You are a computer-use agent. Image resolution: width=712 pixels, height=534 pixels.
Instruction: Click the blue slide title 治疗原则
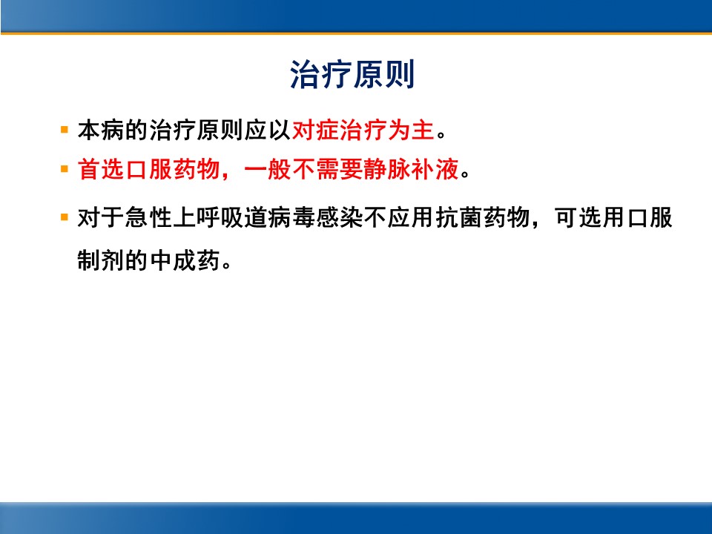pos(352,74)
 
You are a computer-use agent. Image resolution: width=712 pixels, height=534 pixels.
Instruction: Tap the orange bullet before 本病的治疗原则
pos(65,131)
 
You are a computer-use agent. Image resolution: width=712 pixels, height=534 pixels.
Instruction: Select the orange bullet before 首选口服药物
pos(65,169)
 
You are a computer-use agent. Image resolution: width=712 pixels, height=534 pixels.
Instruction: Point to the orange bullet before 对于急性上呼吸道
pos(65,217)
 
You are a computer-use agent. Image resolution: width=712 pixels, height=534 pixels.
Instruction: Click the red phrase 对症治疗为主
pos(363,131)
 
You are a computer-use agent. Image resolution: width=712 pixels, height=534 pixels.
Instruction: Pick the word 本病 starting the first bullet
pos(101,131)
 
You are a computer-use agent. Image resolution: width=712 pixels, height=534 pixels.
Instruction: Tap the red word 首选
pos(101,169)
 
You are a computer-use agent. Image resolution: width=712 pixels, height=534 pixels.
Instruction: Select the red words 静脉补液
pos(412,169)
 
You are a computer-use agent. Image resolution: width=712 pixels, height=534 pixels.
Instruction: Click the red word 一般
pos(268,169)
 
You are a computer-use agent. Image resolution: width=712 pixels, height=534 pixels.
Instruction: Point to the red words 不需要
pos(327,169)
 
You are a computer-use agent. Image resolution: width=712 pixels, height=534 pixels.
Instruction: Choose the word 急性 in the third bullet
pos(148,217)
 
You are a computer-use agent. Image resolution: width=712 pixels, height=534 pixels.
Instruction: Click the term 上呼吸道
pos(220,217)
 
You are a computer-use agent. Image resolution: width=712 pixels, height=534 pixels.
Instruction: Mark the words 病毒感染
pos(316,217)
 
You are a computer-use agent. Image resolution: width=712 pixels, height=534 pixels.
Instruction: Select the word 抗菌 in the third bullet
pos(459,217)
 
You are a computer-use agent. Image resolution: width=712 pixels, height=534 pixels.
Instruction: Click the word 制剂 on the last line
pos(101,260)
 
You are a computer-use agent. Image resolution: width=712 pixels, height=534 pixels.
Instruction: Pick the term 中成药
pos(185,260)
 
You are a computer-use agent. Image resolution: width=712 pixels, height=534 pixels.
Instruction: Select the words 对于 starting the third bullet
pos(101,217)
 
